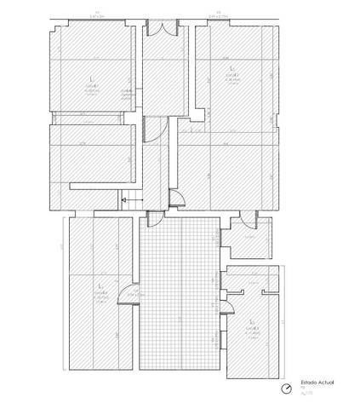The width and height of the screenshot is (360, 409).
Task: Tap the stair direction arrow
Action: [x=129, y=199]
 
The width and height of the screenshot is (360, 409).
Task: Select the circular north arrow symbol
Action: [x=287, y=389]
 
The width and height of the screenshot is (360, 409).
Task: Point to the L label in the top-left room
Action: [x=91, y=78]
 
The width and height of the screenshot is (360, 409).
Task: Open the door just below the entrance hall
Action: [x=151, y=129]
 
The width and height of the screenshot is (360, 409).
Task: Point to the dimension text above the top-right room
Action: [x=223, y=14]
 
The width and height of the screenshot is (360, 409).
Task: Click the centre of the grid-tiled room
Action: [x=180, y=294]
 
